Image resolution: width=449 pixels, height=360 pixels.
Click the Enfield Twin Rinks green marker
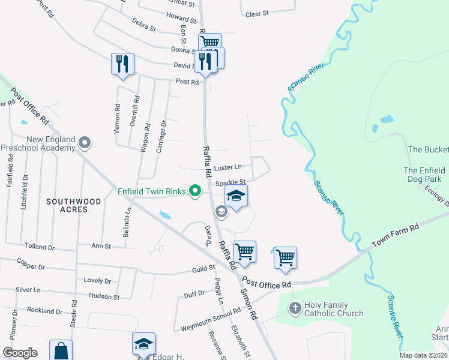point(194,191)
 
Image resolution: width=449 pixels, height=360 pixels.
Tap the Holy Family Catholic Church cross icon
point(294,308)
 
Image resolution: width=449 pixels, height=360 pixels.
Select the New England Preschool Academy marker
point(85,143)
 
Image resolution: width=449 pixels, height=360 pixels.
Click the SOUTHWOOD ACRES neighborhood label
point(75,205)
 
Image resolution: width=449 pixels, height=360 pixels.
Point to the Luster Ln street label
point(228,167)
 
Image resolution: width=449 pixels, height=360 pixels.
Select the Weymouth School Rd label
point(211,319)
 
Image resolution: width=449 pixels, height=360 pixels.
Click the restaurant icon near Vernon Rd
point(122,64)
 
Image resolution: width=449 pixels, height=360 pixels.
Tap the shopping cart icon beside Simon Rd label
point(245,252)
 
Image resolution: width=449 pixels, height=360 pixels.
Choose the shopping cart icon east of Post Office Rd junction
point(285,257)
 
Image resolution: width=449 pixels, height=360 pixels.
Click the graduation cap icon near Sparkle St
point(237,196)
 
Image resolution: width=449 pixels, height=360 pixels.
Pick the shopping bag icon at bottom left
point(61,350)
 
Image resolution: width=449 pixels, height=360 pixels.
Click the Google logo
point(20,353)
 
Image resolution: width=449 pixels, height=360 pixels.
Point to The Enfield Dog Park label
point(428,175)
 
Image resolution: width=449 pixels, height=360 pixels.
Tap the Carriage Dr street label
point(161,136)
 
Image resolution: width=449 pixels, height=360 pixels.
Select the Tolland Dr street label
point(40,247)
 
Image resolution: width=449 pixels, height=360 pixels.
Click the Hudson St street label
point(104,296)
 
